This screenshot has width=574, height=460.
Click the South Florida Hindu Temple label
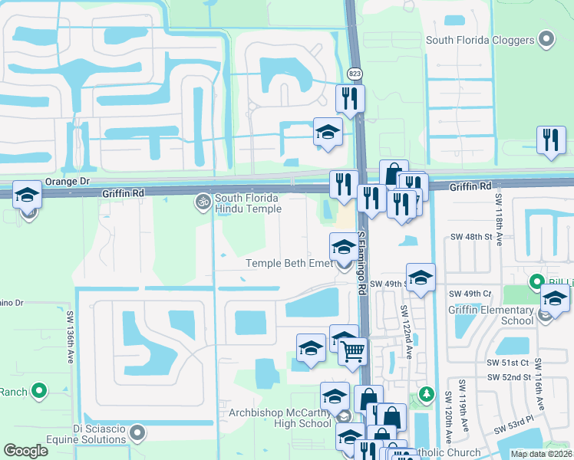point(248,203)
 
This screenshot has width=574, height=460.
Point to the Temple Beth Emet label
point(289,264)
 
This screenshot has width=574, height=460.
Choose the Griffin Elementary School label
point(491,316)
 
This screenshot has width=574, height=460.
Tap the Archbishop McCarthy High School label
point(280,418)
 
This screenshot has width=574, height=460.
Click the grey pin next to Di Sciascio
point(138,434)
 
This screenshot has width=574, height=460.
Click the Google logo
point(26,451)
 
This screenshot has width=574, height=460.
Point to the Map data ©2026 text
point(540,454)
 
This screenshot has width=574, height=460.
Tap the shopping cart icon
point(353,352)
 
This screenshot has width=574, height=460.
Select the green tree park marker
point(427,395)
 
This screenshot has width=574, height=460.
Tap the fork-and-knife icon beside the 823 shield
point(350,98)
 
